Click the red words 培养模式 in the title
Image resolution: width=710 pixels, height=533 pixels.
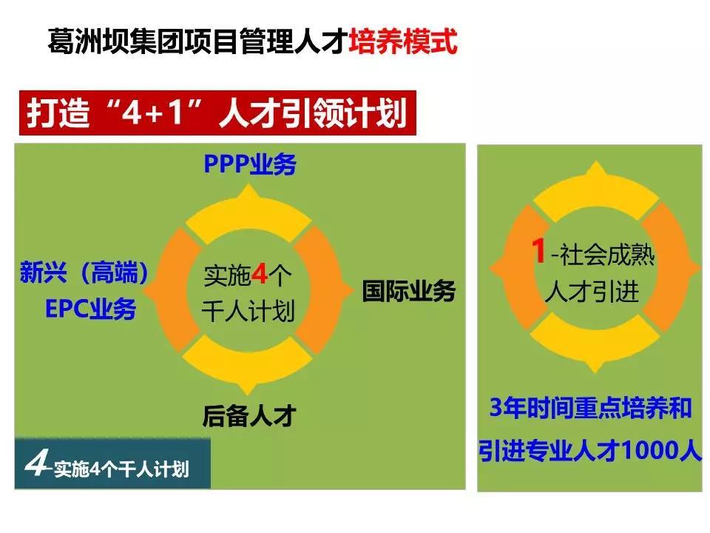(402, 41)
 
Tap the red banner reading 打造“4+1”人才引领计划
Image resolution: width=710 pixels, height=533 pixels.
(217, 113)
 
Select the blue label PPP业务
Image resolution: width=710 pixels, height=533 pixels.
(250, 164)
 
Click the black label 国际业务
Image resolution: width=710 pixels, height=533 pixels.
(408, 291)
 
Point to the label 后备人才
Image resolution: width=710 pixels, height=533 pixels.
(249, 416)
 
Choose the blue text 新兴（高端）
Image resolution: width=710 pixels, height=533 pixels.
(84, 272)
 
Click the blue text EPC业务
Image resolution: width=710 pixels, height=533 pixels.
(91, 309)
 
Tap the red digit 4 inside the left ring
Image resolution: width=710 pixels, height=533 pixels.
(260, 274)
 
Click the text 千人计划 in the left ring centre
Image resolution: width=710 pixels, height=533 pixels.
(248, 311)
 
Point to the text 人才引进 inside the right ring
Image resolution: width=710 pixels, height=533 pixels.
(592, 291)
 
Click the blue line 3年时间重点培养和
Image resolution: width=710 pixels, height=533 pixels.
(590, 407)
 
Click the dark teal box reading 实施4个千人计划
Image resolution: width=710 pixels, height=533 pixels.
(112, 463)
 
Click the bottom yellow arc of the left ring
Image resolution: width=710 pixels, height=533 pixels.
(248, 363)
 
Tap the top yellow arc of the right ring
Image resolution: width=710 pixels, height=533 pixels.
(596, 190)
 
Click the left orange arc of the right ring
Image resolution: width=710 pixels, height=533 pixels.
(520, 267)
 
